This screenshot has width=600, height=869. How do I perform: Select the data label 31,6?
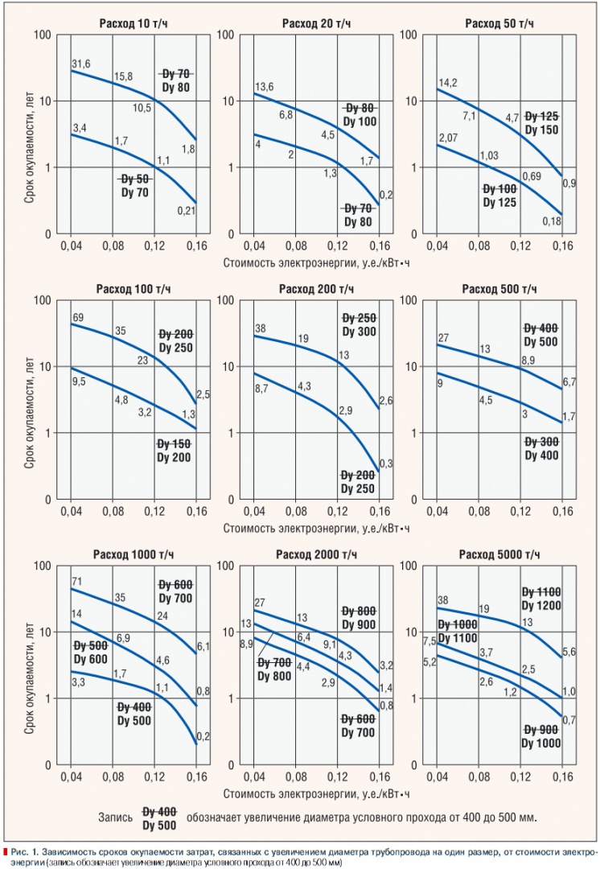pos(80,64)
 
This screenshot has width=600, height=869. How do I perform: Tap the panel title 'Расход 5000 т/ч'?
pos(498,555)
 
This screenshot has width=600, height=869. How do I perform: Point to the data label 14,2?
pos(448,82)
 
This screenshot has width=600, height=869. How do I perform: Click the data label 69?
pos(78,319)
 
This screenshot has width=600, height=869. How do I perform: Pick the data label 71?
pos(77,581)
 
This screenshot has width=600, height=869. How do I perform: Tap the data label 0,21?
pos(186,212)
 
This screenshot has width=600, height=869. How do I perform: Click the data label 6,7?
pos(568,381)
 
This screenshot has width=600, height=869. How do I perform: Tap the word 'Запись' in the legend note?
pos(117,816)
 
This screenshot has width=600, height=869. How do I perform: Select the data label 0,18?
pos(550,221)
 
